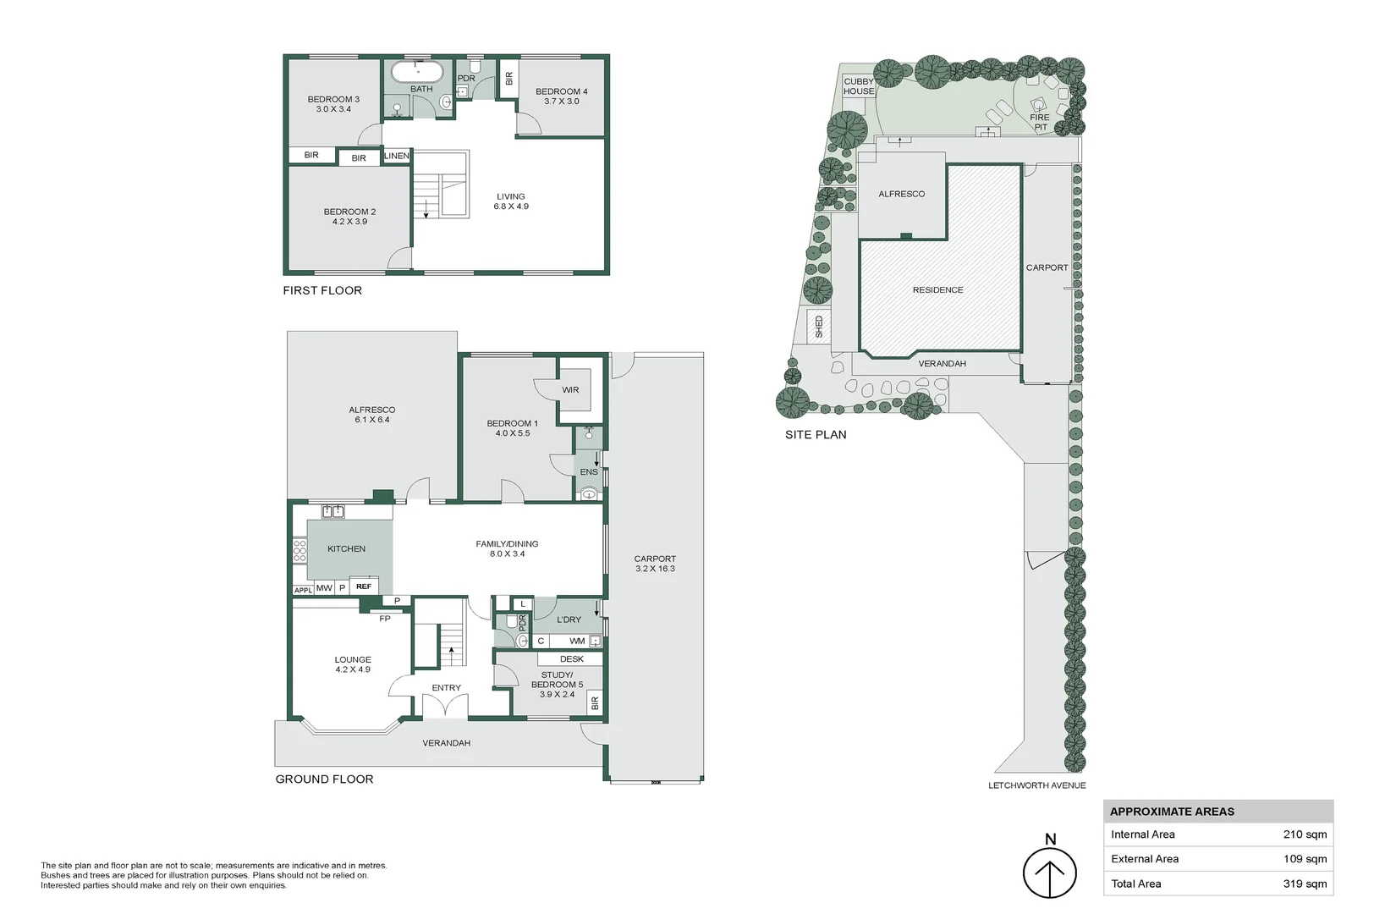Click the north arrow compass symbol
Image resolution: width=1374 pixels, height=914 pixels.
[x=1049, y=873]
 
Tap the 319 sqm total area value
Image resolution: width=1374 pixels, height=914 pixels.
[x=1305, y=884]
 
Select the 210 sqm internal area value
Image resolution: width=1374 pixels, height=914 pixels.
[x=1305, y=834]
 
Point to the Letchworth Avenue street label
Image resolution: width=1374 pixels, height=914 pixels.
[x=1036, y=785]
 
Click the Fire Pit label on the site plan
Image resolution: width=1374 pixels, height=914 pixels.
[x=1041, y=122]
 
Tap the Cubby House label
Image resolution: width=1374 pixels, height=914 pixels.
[x=859, y=86]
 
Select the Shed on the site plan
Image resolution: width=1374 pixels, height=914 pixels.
[x=819, y=327]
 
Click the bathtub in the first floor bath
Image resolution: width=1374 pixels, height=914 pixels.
[x=417, y=72]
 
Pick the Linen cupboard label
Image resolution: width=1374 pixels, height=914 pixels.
[x=397, y=156]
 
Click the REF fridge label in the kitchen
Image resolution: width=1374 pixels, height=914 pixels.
[x=364, y=586]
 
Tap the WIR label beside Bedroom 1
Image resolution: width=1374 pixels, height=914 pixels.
[x=570, y=390]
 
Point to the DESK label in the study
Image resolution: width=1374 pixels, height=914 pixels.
[x=572, y=658]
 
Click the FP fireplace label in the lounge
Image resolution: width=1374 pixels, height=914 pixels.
[x=385, y=619]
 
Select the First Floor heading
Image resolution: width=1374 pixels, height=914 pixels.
[x=322, y=291]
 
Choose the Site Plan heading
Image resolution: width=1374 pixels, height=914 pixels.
[x=816, y=435]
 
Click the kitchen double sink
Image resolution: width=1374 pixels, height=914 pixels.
[x=333, y=511]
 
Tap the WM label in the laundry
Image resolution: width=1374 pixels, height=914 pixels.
[x=577, y=641]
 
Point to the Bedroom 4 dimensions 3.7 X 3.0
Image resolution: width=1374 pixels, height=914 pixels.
[x=561, y=102]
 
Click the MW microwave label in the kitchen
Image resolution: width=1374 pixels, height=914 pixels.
[x=324, y=587]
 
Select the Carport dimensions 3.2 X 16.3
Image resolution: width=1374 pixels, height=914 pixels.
[x=655, y=569]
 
